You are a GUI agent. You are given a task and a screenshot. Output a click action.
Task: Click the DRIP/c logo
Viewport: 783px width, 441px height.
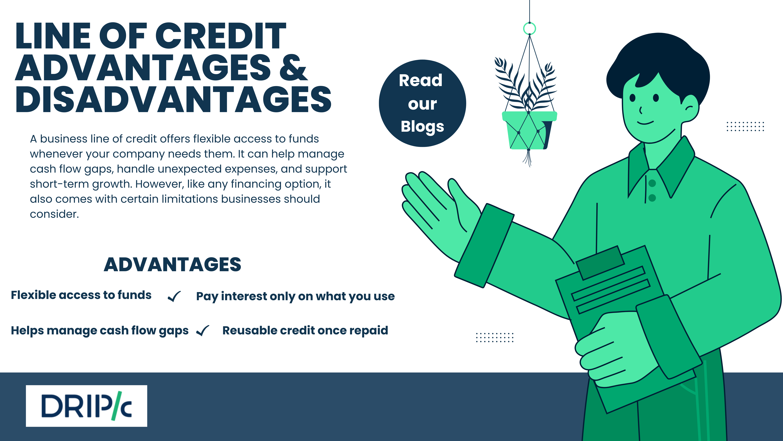[86, 406]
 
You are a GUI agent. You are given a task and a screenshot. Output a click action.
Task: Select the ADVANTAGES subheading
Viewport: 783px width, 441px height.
[172, 264]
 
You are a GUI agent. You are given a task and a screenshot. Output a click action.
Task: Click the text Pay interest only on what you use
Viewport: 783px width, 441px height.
[295, 296]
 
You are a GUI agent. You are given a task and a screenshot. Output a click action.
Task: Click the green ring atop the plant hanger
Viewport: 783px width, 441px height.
[529, 29]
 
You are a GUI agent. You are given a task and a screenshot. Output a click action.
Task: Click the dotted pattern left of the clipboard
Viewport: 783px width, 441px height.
[495, 337]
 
